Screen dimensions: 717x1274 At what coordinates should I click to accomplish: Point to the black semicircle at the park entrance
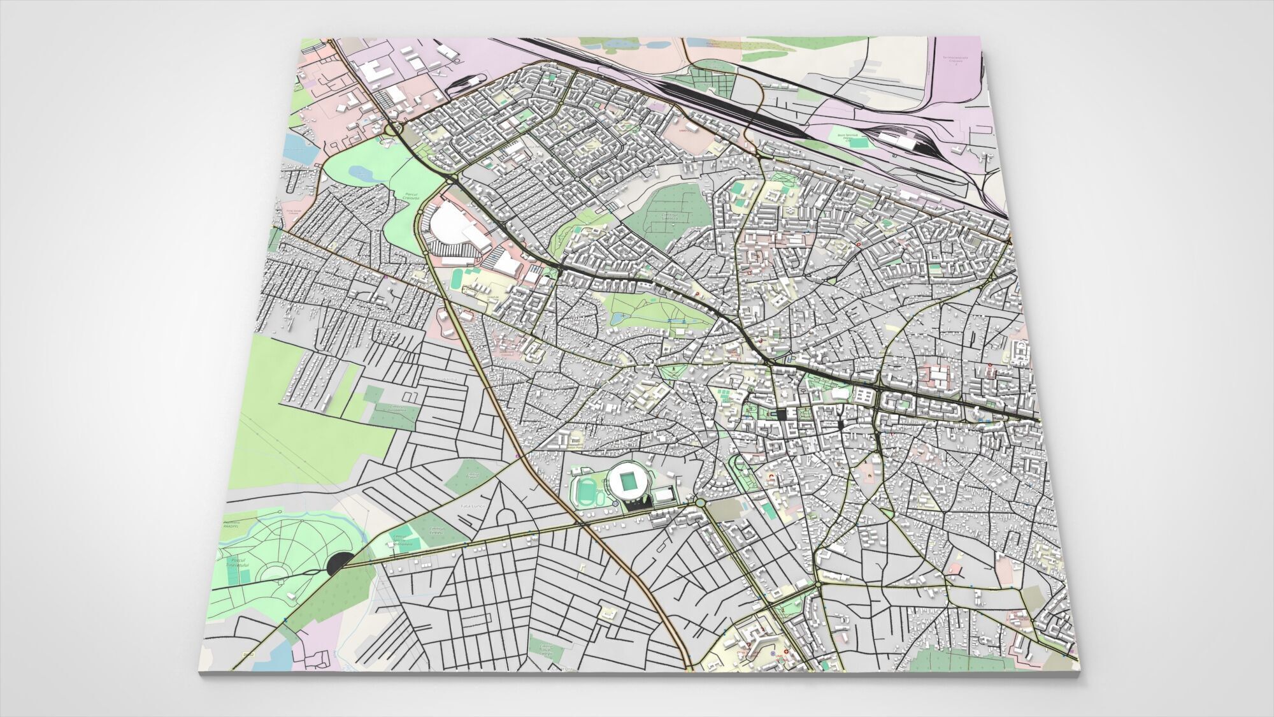tap(338, 563)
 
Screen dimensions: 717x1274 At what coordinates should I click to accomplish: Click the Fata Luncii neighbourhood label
tap(473, 506)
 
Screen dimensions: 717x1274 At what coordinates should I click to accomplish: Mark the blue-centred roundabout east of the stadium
tap(701, 503)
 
